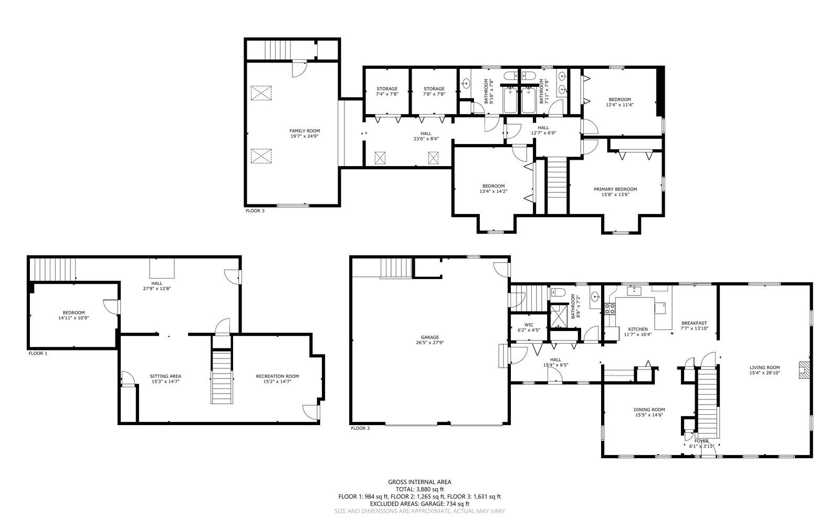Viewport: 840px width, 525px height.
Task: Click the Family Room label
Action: pyautogui.click(x=304, y=133)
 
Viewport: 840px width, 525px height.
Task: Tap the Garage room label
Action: pyautogui.click(x=430, y=340)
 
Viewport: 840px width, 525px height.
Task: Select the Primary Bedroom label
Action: pyautogui.click(x=615, y=192)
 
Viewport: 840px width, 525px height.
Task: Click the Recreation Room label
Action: pyautogui.click(x=278, y=379)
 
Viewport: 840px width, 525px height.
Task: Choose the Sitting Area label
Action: pyautogui.click(x=165, y=379)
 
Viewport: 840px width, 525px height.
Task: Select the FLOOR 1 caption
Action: pyautogui.click(x=38, y=353)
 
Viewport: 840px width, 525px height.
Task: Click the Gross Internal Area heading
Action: pyautogui.click(x=419, y=482)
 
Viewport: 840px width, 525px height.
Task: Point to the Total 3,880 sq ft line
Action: pyautogui.click(x=419, y=489)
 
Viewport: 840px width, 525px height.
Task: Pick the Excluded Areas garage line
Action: pyautogui.click(x=419, y=503)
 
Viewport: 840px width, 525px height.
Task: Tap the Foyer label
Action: pyautogui.click(x=701, y=444)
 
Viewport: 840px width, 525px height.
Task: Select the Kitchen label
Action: pyautogui.click(x=638, y=332)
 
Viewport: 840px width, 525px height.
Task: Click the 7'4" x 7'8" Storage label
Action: pyautogui.click(x=387, y=91)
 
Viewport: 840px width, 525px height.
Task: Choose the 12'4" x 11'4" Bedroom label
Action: pyautogui.click(x=619, y=102)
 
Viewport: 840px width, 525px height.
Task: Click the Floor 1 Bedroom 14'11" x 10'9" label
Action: pyautogui.click(x=73, y=315)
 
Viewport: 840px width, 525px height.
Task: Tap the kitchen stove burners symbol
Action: pyautogui.click(x=610, y=309)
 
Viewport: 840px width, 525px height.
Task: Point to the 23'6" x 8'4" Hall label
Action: pyautogui.click(x=426, y=136)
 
